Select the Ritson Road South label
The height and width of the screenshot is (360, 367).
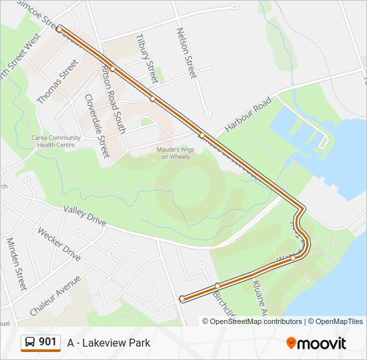tap(113, 99)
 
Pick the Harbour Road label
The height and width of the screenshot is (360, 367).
tap(248, 113)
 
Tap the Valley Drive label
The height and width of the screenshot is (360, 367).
tap(85, 218)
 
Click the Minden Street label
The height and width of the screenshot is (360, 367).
tap(16, 263)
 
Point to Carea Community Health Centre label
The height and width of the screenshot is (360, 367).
tap(56, 141)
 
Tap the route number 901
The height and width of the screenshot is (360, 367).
tap(47, 342)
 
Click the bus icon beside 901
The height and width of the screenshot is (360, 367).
tap(30, 343)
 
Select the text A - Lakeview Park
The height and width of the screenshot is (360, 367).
tap(109, 343)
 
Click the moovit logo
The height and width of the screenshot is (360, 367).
tap(316, 343)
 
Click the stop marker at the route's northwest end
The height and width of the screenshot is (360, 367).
tap(59, 29)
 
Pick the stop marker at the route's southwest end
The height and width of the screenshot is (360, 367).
tap(182, 299)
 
